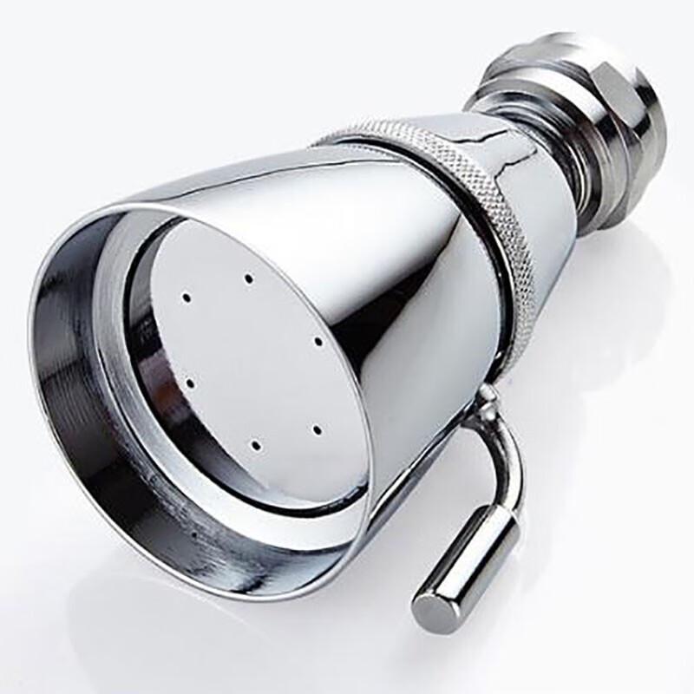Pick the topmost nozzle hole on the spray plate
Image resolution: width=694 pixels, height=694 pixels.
coord(248,278)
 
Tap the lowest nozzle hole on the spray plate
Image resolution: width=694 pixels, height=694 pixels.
coord(255,445)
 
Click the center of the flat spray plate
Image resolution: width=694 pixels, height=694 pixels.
coord(252,364)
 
